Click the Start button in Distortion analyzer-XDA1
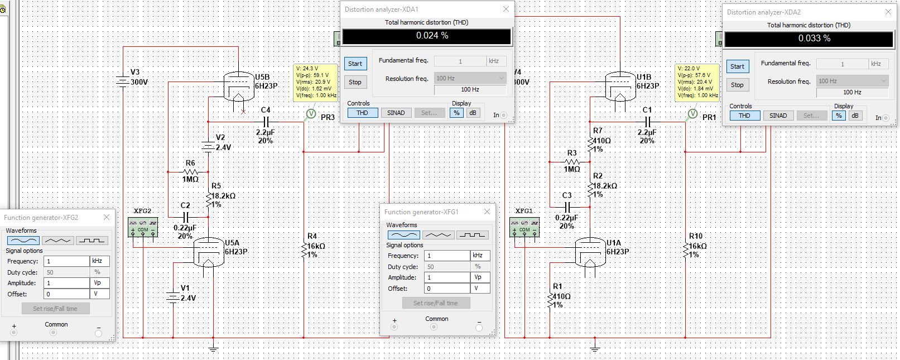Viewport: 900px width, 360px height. tap(355, 64)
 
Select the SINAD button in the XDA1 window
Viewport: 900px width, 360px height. tap(396, 113)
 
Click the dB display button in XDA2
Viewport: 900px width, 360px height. tap(855, 116)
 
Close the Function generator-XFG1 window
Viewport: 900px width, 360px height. tap(487, 212)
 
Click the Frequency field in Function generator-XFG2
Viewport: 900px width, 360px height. tap(66, 261)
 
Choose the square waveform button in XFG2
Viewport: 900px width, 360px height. tap(92, 241)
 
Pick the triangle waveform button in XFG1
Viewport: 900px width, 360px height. tap(438, 235)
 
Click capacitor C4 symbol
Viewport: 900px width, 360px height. tap(266, 122)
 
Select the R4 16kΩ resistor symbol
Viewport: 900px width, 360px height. tap(304, 250)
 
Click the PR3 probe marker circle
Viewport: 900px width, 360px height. tap(310, 114)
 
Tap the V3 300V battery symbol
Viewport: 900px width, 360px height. tap(123, 81)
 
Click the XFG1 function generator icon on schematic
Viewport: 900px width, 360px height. tap(524, 227)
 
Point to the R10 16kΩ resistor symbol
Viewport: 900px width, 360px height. tap(686, 250)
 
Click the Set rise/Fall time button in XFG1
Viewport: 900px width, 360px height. tap(436, 303)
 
